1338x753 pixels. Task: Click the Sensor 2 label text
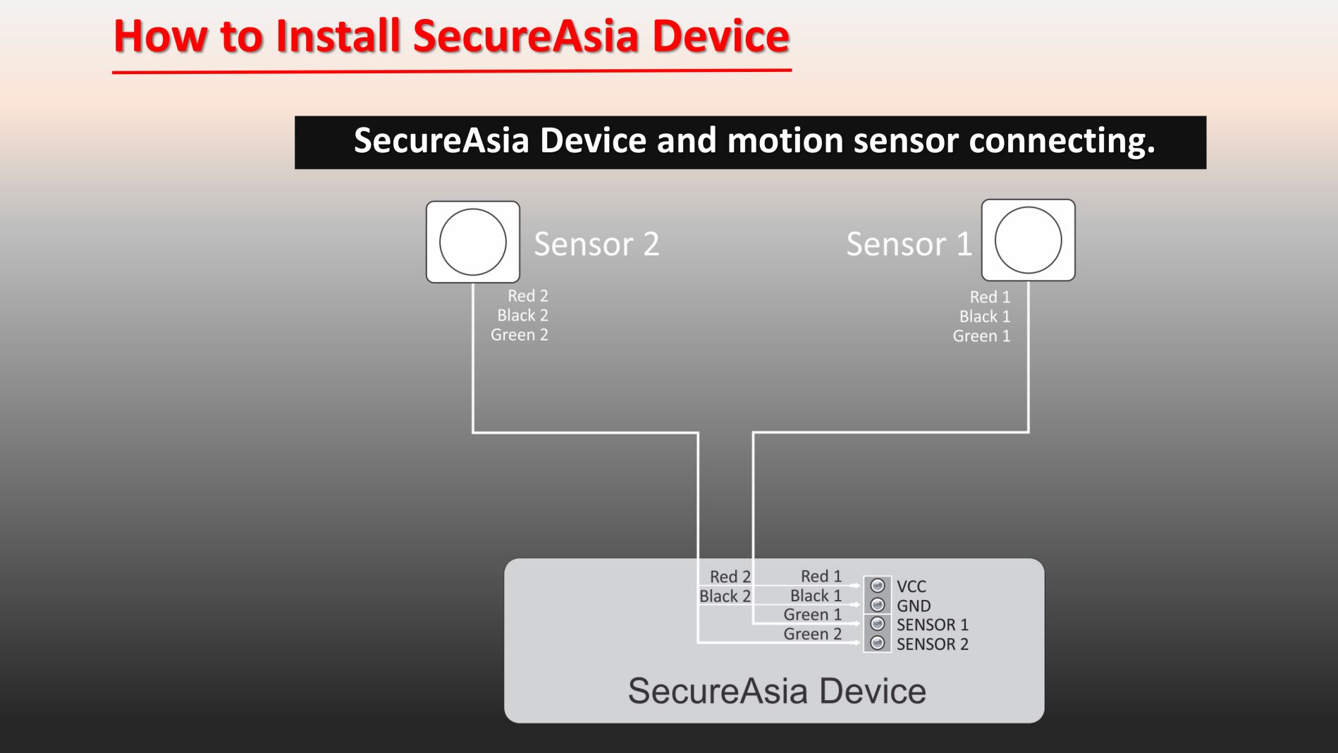tap(596, 244)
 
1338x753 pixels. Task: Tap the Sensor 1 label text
tap(909, 244)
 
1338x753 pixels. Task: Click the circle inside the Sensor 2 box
tap(473, 242)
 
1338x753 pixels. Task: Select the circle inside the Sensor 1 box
tap(1029, 240)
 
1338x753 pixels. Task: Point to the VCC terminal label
tap(912, 587)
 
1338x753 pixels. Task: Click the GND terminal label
tap(914, 606)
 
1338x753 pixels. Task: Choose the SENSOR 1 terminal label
tap(933, 625)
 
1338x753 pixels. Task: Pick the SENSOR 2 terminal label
tap(933, 644)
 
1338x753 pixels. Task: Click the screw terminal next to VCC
tap(878, 586)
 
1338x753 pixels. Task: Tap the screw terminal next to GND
tap(878, 605)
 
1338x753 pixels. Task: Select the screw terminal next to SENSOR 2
tap(878, 643)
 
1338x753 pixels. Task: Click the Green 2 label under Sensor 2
tap(520, 335)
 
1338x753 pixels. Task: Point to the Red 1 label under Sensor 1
tap(990, 297)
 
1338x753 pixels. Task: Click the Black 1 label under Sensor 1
tap(985, 317)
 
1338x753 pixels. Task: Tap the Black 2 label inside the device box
tap(725, 596)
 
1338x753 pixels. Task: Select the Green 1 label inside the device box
tap(813, 615)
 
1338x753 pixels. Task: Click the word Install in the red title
tap(338, 36)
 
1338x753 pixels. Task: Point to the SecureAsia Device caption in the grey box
tap(777, 691)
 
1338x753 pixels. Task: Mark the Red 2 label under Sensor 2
tap(528, 295)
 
